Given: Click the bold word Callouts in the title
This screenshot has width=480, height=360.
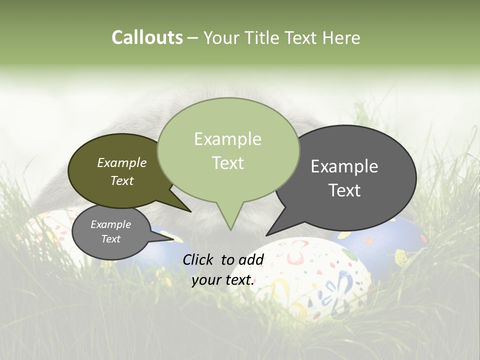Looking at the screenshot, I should [x=147, y=37].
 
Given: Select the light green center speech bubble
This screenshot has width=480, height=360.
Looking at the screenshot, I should [x=228, y=150].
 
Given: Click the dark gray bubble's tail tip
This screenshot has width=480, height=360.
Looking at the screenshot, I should [x=267, y=235].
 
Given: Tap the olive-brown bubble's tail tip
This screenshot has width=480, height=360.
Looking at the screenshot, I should [x=190, y=211].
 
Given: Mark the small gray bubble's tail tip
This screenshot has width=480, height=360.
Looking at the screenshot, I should [x=173, y=239].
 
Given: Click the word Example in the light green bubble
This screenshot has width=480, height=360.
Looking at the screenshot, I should [x=227, y=139].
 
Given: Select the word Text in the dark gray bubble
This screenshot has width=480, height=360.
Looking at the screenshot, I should [x=345, y=190].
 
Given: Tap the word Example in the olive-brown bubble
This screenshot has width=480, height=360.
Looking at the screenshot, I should [x=122, y=162].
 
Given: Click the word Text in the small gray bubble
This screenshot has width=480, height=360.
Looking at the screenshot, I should [x=111, y=239].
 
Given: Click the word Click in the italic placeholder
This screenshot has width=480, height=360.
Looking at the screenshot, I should [x=198, y=259].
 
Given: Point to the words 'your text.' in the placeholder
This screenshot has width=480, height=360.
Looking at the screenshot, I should [x=223, y=280].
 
